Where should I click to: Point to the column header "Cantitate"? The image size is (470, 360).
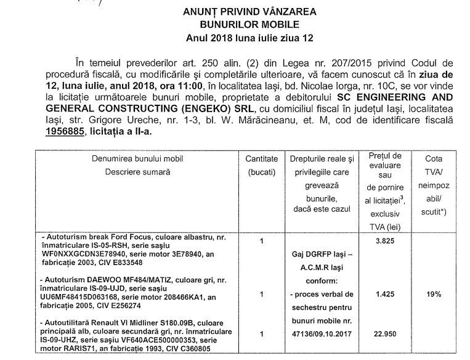[262, 159]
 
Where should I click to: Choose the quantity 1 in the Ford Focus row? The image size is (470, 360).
[262, 240]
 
